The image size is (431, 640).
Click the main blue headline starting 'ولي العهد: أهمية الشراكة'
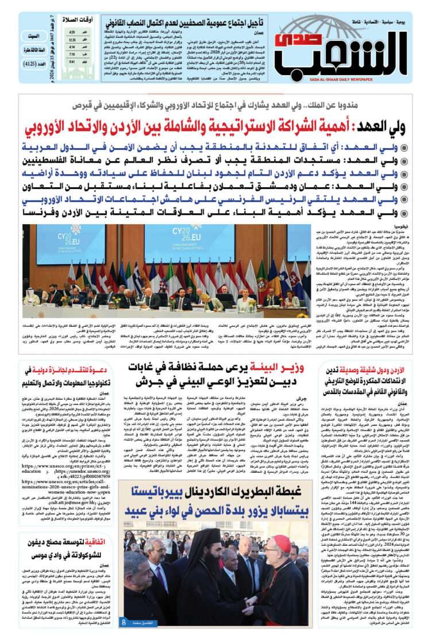tap(218, 126)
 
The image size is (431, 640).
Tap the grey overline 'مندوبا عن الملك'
tap(218, 106)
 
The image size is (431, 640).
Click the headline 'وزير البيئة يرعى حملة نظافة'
tap(221, 373)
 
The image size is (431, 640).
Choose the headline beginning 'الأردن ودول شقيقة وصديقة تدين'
tap(374, 380)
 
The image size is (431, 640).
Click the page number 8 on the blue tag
tap(124, 622)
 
